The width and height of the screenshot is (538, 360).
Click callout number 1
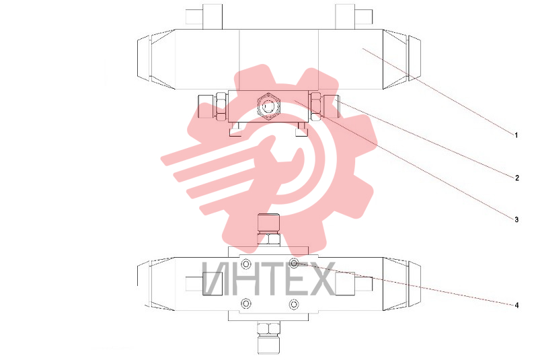(x=516, y=135)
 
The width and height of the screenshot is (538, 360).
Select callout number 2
(x=516, y=178)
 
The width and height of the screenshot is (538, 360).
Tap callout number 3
(x=516, y=219)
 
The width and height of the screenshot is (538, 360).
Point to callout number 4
(x=516, y=305)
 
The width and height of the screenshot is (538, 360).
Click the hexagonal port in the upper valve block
(x=268, y=106)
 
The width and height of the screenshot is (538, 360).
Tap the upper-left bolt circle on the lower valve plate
(x=245, y=264)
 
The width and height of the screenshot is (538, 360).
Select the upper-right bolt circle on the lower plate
(x=294, y=264)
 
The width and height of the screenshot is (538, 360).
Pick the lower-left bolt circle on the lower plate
(x=245, y=303)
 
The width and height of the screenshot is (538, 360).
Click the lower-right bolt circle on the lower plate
(x=294, y=304)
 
